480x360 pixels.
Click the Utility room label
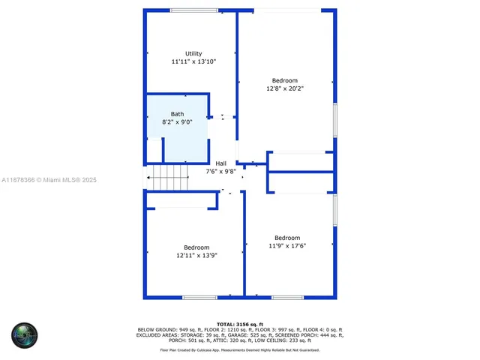pos(193,53)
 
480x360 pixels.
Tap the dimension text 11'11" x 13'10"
pos(193,61)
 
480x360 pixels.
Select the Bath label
pos(176,114)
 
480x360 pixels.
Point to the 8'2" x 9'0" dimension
pos(176,121)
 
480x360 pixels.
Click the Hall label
pos(220,163)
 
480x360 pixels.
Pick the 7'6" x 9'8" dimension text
pos(220,171)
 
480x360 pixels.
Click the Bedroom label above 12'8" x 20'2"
pos(284,80)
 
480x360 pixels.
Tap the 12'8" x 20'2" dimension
pos(284,88)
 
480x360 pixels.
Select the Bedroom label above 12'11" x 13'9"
pos(196,247)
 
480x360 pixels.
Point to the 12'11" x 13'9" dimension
pos(196,256)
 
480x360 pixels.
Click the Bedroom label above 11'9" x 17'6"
pos(286,238)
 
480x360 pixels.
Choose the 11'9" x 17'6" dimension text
pos(286,246)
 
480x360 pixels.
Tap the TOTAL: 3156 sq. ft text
pos(240,324)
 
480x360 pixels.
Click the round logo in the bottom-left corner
pos(24,335)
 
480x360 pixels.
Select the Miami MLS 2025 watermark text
pos(49,180)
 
